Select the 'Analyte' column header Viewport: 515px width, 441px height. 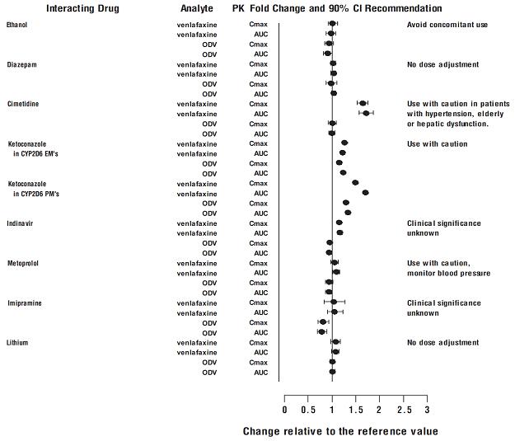[197, 8]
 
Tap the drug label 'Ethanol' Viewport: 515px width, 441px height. [16, 25]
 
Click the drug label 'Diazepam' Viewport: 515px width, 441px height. [21, 64]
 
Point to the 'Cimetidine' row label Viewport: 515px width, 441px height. [23, 104]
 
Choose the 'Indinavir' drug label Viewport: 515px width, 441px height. [21, 223]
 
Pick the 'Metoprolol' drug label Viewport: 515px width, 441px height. [23, 263]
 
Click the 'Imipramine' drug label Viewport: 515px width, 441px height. [23, 303]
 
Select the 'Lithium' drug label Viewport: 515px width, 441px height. [17, 342]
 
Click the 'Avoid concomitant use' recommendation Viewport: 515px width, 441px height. [447, 25]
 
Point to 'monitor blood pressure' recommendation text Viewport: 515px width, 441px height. [449, 273]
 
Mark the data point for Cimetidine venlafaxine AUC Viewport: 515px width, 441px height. [366, 113]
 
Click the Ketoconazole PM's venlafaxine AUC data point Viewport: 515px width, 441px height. [365, 193]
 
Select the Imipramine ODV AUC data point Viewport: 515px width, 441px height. [322, 331]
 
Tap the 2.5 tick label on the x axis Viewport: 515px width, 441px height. [403, 410]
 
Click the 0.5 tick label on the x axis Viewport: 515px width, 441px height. [308, 410]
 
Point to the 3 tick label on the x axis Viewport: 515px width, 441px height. [427, 410]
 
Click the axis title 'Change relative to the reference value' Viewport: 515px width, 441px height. [340, 431]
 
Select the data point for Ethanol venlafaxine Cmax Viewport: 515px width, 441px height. [332, 24]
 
